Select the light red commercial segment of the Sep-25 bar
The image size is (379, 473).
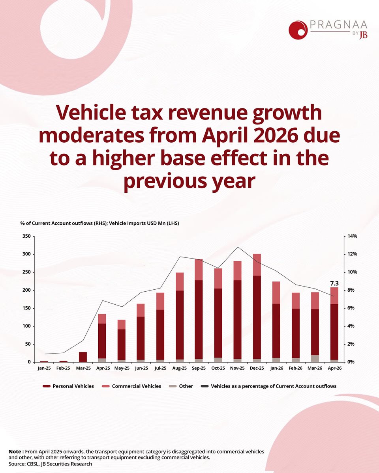click(x=199, y=270)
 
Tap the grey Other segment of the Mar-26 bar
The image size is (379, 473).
click(x=315, y=358)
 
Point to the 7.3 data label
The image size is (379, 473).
click(x=334, y=283)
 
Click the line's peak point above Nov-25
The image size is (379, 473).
click(x=238, y=247)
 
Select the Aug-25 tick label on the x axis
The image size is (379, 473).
click(x=180, y=368)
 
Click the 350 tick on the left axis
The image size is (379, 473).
click(x=26, y=236)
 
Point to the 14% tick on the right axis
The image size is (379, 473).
click(x=352, y=236)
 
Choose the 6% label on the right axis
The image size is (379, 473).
click(x=351, y=308)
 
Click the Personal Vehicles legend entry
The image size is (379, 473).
click(x=68, y=386)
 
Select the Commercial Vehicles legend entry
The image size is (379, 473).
click(x=131, y=386)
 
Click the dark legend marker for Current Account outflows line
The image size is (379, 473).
click(x=205, y=386)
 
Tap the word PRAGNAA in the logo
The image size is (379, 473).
click(x=338, y=24)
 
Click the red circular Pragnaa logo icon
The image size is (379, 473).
click(x=298, y=30)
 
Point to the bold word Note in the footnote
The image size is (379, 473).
click(x=15, y=451)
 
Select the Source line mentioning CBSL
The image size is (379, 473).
click(x=50, y=464)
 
